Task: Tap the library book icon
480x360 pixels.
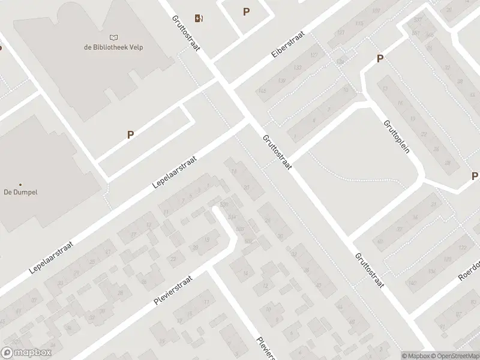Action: pos(114,37)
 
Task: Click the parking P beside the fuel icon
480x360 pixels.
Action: pos(246,11)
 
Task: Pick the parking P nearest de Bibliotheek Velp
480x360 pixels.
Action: pos(130,135)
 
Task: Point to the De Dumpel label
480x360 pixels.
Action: pos(20,193)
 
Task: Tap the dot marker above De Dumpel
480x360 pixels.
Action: pos(20,184)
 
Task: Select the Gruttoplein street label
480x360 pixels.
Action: pos(397,136)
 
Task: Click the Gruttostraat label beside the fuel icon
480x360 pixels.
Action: pos(185,33)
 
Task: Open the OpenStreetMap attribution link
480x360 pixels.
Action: pos(455,356)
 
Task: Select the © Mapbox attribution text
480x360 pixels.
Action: pos(416,356)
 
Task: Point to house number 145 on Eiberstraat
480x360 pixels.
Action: pos(262,91)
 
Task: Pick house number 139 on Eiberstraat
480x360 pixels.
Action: pos(281,80)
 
